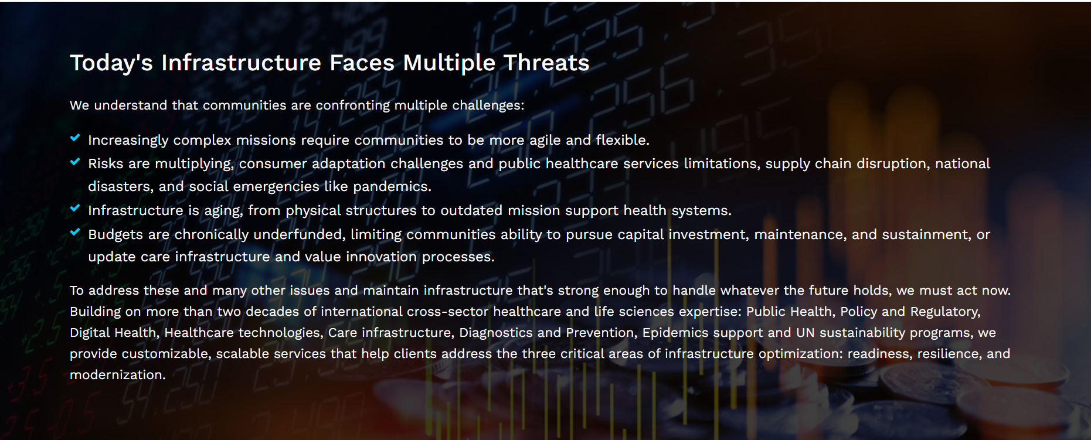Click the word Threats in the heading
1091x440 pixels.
[x=546, y=63]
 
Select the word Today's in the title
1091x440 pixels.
[x=111, y=63]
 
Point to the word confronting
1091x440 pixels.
[x=352, y=105]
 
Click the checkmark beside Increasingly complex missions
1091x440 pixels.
[x=75, y=138]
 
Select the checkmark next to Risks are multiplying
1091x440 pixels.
[x=75, y=162]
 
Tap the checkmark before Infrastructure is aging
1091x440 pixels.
[x=75, y=208]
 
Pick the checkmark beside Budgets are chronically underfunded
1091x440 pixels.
[x=75, y=232]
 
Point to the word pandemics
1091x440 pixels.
[x=392, y=187]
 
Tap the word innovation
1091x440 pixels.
[x=381, y=257]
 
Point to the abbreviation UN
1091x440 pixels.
[x=805, y=333]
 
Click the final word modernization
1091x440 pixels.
[x=117, y=375]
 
